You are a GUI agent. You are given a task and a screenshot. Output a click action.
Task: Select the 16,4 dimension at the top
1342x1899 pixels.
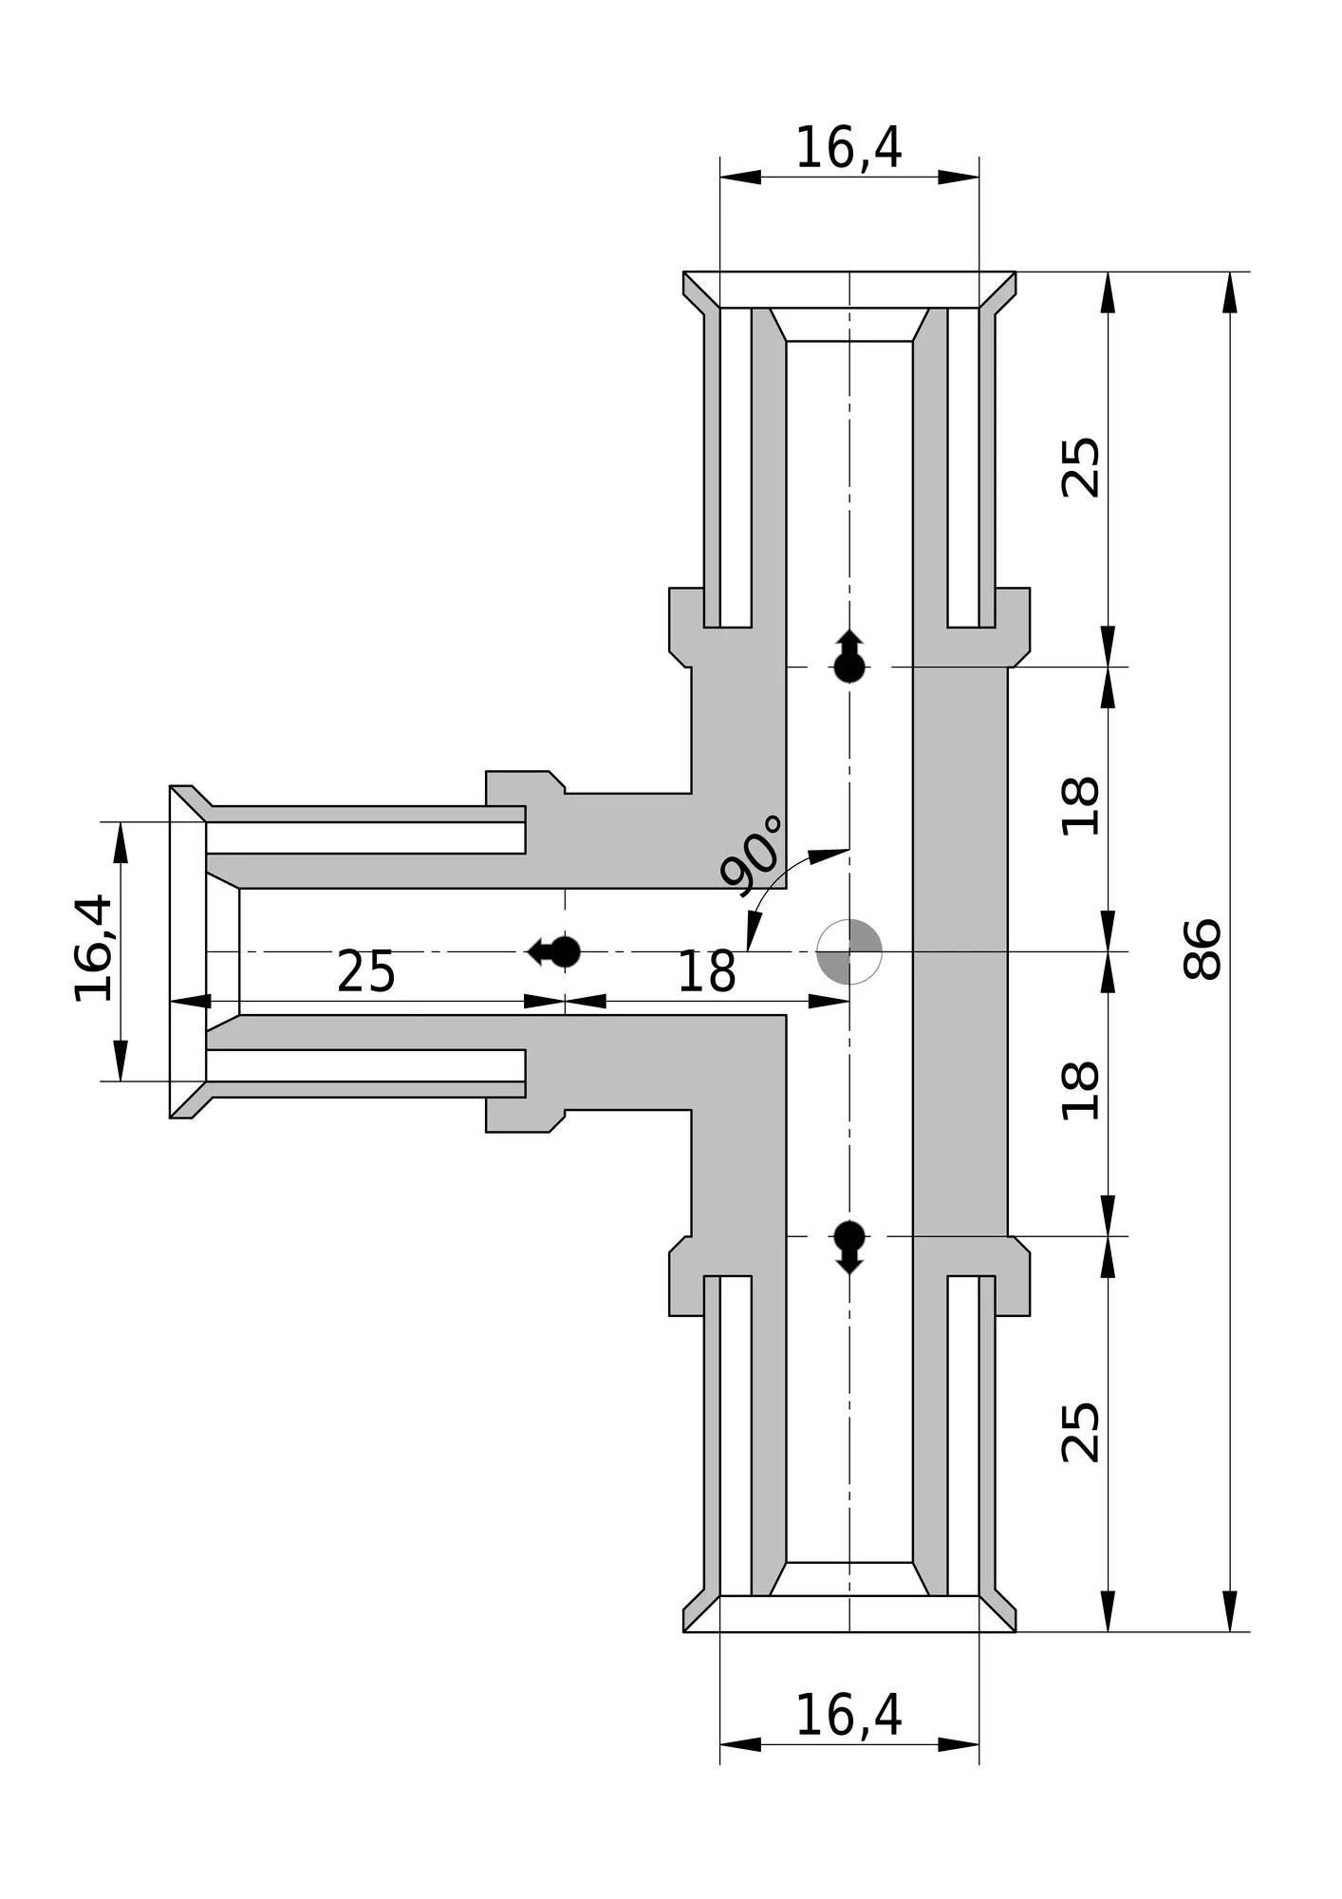click(848, 148)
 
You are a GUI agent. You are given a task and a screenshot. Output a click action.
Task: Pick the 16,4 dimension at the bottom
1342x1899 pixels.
click(848, 1716)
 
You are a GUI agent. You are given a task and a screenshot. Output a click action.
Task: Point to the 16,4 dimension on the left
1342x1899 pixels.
click(94, 949)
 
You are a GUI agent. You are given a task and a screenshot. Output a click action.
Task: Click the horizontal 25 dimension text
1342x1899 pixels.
click(366, 972)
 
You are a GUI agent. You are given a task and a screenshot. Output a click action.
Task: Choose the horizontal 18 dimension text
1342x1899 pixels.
click(706, 972)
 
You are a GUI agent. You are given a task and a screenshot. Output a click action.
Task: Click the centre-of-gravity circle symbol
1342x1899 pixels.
click(849, 951)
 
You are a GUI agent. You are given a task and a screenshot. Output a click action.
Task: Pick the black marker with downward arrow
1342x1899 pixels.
click(849, 1246)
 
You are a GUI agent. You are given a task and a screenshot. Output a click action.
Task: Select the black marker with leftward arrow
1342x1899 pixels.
click(556, 951)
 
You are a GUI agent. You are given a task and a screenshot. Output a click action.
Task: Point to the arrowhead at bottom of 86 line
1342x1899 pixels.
click(1230, 1611)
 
